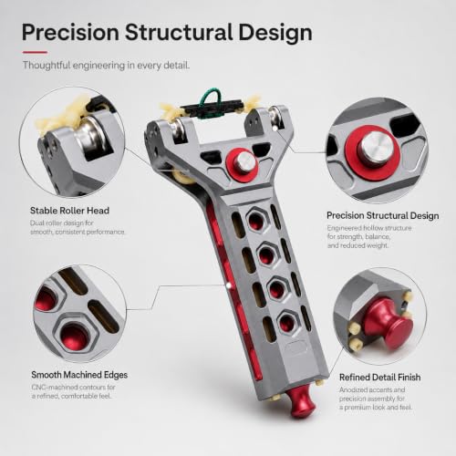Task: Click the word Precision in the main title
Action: click(x=70, y=33)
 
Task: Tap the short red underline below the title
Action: click(x=35, y=52)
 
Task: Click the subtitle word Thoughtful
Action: click(x=47, y=66)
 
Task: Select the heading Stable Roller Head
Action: click(x=69, y=211)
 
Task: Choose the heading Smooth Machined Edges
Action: click(x=79, y=375)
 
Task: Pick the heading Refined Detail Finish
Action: click(x=380, y=378)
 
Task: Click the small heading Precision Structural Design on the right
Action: click(x=383, y=215)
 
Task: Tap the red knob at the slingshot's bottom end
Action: click(x=300, y=401)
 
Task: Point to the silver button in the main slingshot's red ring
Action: click(x=245, y=161)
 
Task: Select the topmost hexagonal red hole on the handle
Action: click(x=256, y=220)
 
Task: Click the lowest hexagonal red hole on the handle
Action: click(x=287, y=322)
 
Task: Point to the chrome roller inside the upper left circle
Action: click(x=90, y=136)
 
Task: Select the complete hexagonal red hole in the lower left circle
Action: click(x=74, y=336)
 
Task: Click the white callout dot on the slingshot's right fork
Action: click(x=275, y=129)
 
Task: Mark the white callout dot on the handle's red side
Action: click(x=228, y=285)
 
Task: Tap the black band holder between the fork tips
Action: click(x=212, y=109)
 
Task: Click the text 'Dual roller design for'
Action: click(x=61, y=223)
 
